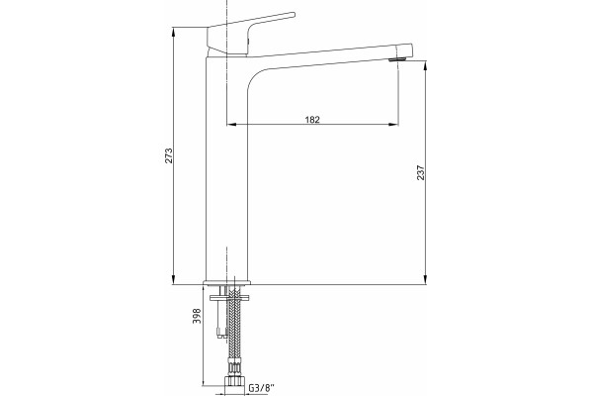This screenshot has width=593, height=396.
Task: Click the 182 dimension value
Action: point(312,120)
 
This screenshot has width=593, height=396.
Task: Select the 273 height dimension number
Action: point(169,155)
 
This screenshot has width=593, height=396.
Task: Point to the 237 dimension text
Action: point(421,172)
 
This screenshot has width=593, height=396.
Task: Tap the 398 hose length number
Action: point(197,316)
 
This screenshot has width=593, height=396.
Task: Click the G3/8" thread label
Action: point(261,388)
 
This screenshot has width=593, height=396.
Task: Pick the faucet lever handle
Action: point(250,34)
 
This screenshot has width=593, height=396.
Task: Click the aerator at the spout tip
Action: point(397,59)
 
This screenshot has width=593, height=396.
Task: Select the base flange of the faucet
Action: point(227,282)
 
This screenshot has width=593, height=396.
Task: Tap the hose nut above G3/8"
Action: point(235,380)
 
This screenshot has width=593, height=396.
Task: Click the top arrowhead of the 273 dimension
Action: point(173,32)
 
